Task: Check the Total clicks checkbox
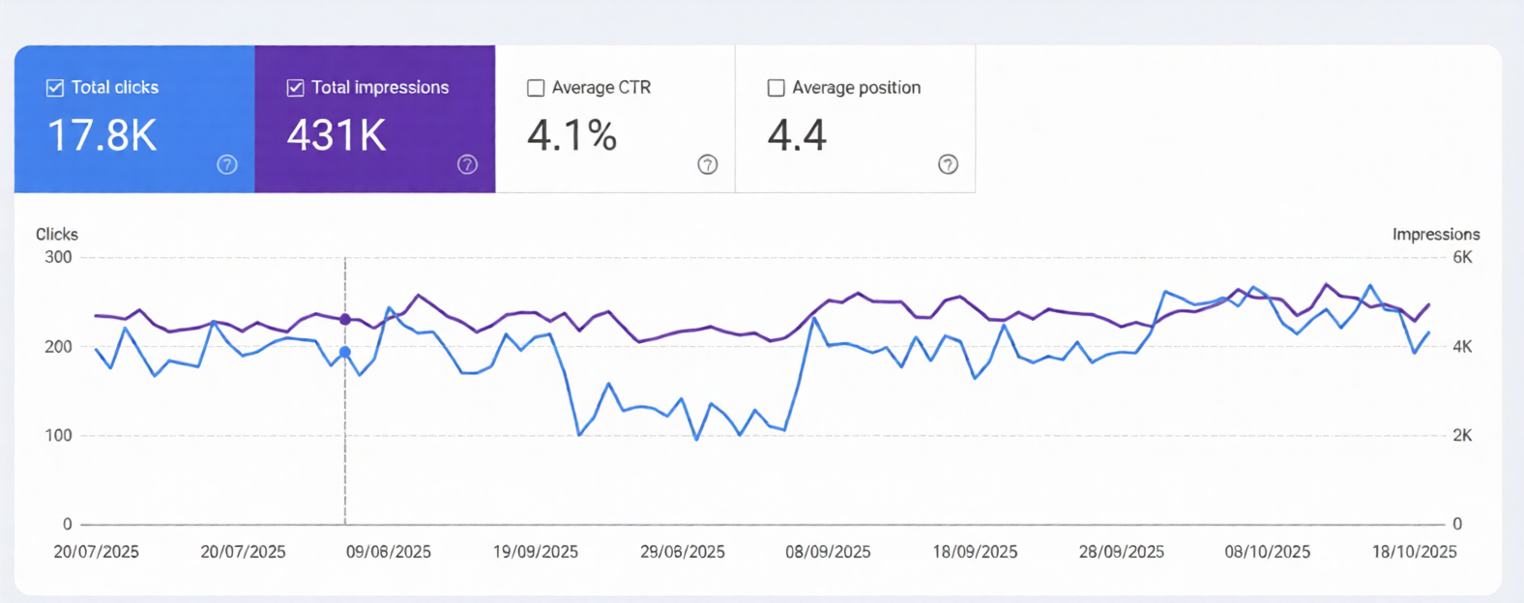(55, 88)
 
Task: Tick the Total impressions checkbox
(296, 88)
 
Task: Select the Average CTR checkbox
(536, 88)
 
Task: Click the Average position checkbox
(776, 88)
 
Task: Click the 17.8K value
(102, 135)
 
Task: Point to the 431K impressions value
(337, 135)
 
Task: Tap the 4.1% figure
(571, 135)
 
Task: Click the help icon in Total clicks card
(227, 164)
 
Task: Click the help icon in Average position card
(948, 164)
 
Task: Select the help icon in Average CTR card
(708, 164)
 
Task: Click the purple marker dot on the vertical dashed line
(345, 319)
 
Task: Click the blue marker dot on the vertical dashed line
(345, 353)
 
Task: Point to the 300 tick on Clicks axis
(58, 257)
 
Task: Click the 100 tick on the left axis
(58, 435)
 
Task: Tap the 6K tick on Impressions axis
(1462, 257)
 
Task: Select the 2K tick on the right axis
(1462, 435)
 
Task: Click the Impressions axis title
(1435, 234)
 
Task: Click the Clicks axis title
(57, 234)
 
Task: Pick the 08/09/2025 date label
(828, 552)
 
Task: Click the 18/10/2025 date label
(1414, 552)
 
